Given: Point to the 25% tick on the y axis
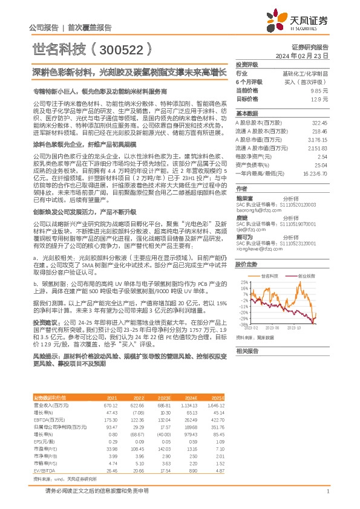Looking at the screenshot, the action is (242, 282).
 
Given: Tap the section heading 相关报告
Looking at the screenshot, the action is (247, 351).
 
